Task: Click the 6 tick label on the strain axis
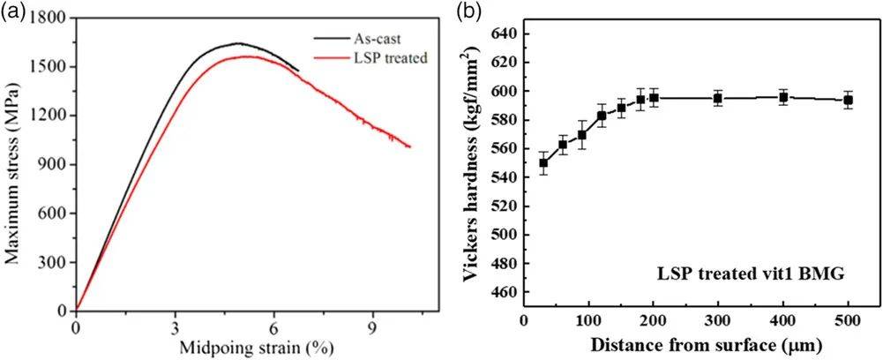[x=274, y=323]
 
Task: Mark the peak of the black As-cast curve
[x=238, y=42]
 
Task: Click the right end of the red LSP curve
[x=409, y=146]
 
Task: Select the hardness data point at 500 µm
[x=849, y=100]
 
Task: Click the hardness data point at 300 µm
[x=718, y=98]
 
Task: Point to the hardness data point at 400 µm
[x=783, y=97]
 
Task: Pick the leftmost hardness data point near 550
[x=543, y=162]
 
